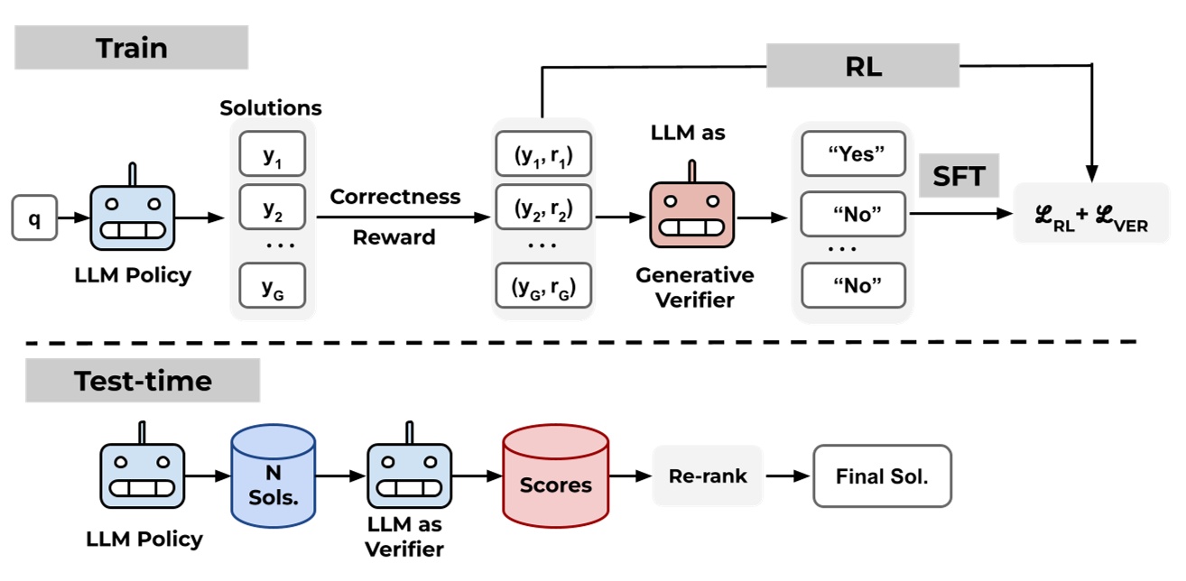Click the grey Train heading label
click(x=131, y=47)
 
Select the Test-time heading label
click(x=143, y=381)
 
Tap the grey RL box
click(x=862, y=67)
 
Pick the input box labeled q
click(x=34, y=219)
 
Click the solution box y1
click(x=272, y=155)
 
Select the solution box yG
click(x=272, y=286)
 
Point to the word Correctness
click(x=394, y=197)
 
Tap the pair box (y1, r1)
click(x=542, y=155)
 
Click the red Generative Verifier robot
click(x=691, y=215)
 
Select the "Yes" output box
click(x=852, y=155)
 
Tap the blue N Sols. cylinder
click(x=273, y=476)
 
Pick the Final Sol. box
click(x=882, y=475)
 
